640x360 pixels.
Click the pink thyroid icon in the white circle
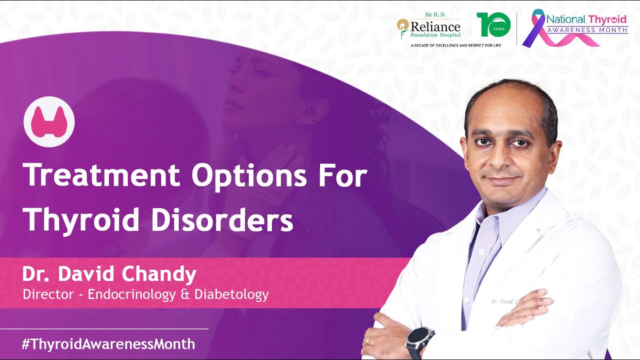click(49, 121)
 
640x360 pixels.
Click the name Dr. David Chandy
click(109, 274)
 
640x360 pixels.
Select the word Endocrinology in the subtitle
click(131, 294)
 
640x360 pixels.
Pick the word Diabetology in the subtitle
click(231, 294)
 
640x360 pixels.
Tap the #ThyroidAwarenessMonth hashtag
click(108, 344)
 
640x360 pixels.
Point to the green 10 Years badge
click(493, 24)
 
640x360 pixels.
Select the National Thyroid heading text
click(586, 19)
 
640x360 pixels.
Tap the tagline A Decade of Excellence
click(456, 45)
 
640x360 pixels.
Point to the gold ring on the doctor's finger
click(368, 341)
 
